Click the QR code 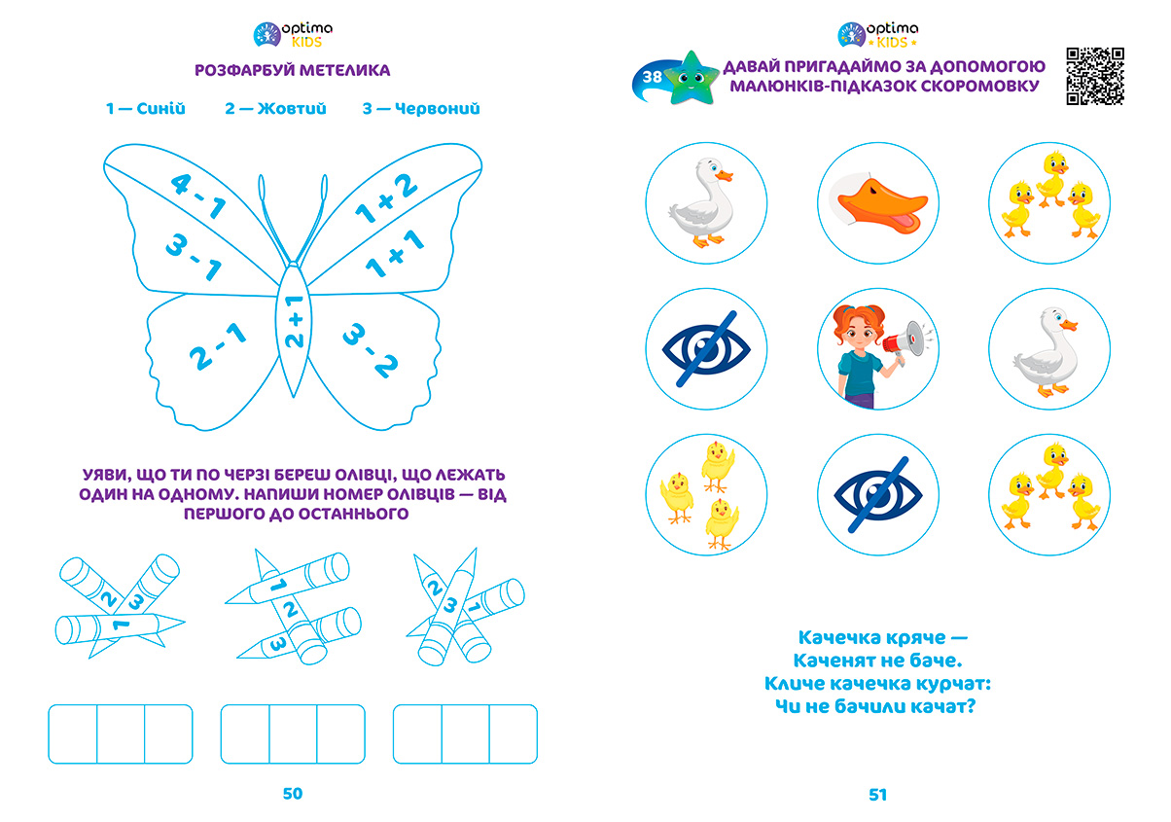point(1095,76)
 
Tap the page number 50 point(292,793)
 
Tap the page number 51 point(877,795)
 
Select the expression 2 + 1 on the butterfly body point(295,321)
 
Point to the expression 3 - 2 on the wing point(371,350)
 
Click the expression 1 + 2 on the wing point(386,198)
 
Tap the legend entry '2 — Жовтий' point(275,109)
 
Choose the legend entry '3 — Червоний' point(421,109)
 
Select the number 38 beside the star point(652,77)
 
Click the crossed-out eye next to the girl point(706,349)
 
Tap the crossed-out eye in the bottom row point(877,495)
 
